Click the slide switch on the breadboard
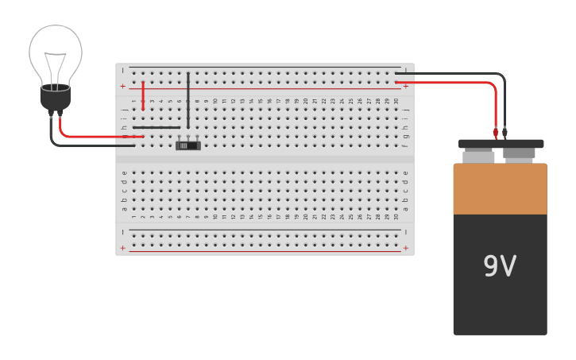pos(188,145)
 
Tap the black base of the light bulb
pos(56,97)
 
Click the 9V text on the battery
pos(500,266)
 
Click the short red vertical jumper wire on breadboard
pos(143,95)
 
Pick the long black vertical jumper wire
pos(188,99)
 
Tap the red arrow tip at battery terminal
pos(496,133)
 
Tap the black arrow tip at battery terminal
pos(504,133)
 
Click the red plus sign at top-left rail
pos(122,86)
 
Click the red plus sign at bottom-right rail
pos(406,248)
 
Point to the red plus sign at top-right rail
pos(406,86)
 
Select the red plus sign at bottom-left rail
pos(122,248)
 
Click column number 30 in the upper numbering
pos(396,101)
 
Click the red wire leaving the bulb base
pos(95,136)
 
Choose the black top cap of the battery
pos(501,144)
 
